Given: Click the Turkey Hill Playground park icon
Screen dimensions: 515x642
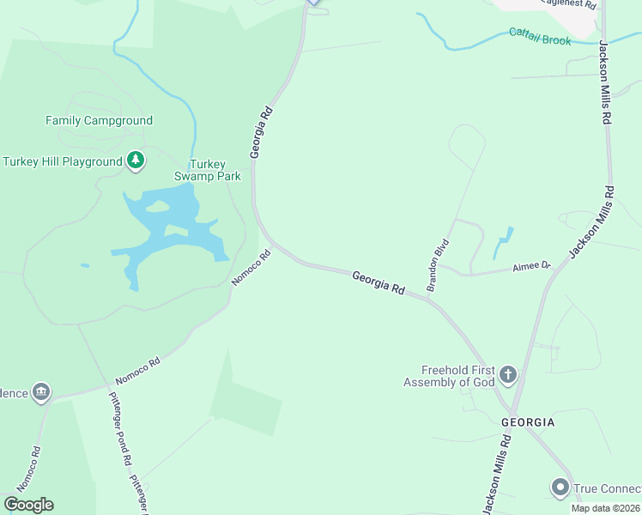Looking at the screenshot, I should point(135,160).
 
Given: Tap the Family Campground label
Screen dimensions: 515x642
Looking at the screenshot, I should point(99,121).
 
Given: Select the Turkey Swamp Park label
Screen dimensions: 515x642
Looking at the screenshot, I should point(207,171).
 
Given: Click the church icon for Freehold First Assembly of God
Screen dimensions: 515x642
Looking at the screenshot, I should point(508,374).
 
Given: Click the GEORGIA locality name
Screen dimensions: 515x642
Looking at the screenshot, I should point(528,422).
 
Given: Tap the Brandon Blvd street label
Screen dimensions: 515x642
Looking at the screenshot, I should point(438,264).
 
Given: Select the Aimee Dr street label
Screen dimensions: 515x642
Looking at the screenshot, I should point(530,266).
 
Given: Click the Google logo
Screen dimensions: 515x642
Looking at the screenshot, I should point(28,505).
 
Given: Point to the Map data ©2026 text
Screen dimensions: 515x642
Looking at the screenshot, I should point(605,507).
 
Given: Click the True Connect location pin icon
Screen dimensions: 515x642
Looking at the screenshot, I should point(560,488).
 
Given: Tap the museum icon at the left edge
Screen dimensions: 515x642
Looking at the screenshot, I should point(40,392).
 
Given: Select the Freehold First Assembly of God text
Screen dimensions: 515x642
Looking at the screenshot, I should point(451,376).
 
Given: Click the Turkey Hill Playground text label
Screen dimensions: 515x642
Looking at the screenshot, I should point(63,161).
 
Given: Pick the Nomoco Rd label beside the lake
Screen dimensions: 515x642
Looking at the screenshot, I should point(251,268).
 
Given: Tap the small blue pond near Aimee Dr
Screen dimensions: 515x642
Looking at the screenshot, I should point(504,244).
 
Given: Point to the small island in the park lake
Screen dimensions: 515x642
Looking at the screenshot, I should point(157,207).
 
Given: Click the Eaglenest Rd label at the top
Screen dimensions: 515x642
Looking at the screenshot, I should point(572,3).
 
